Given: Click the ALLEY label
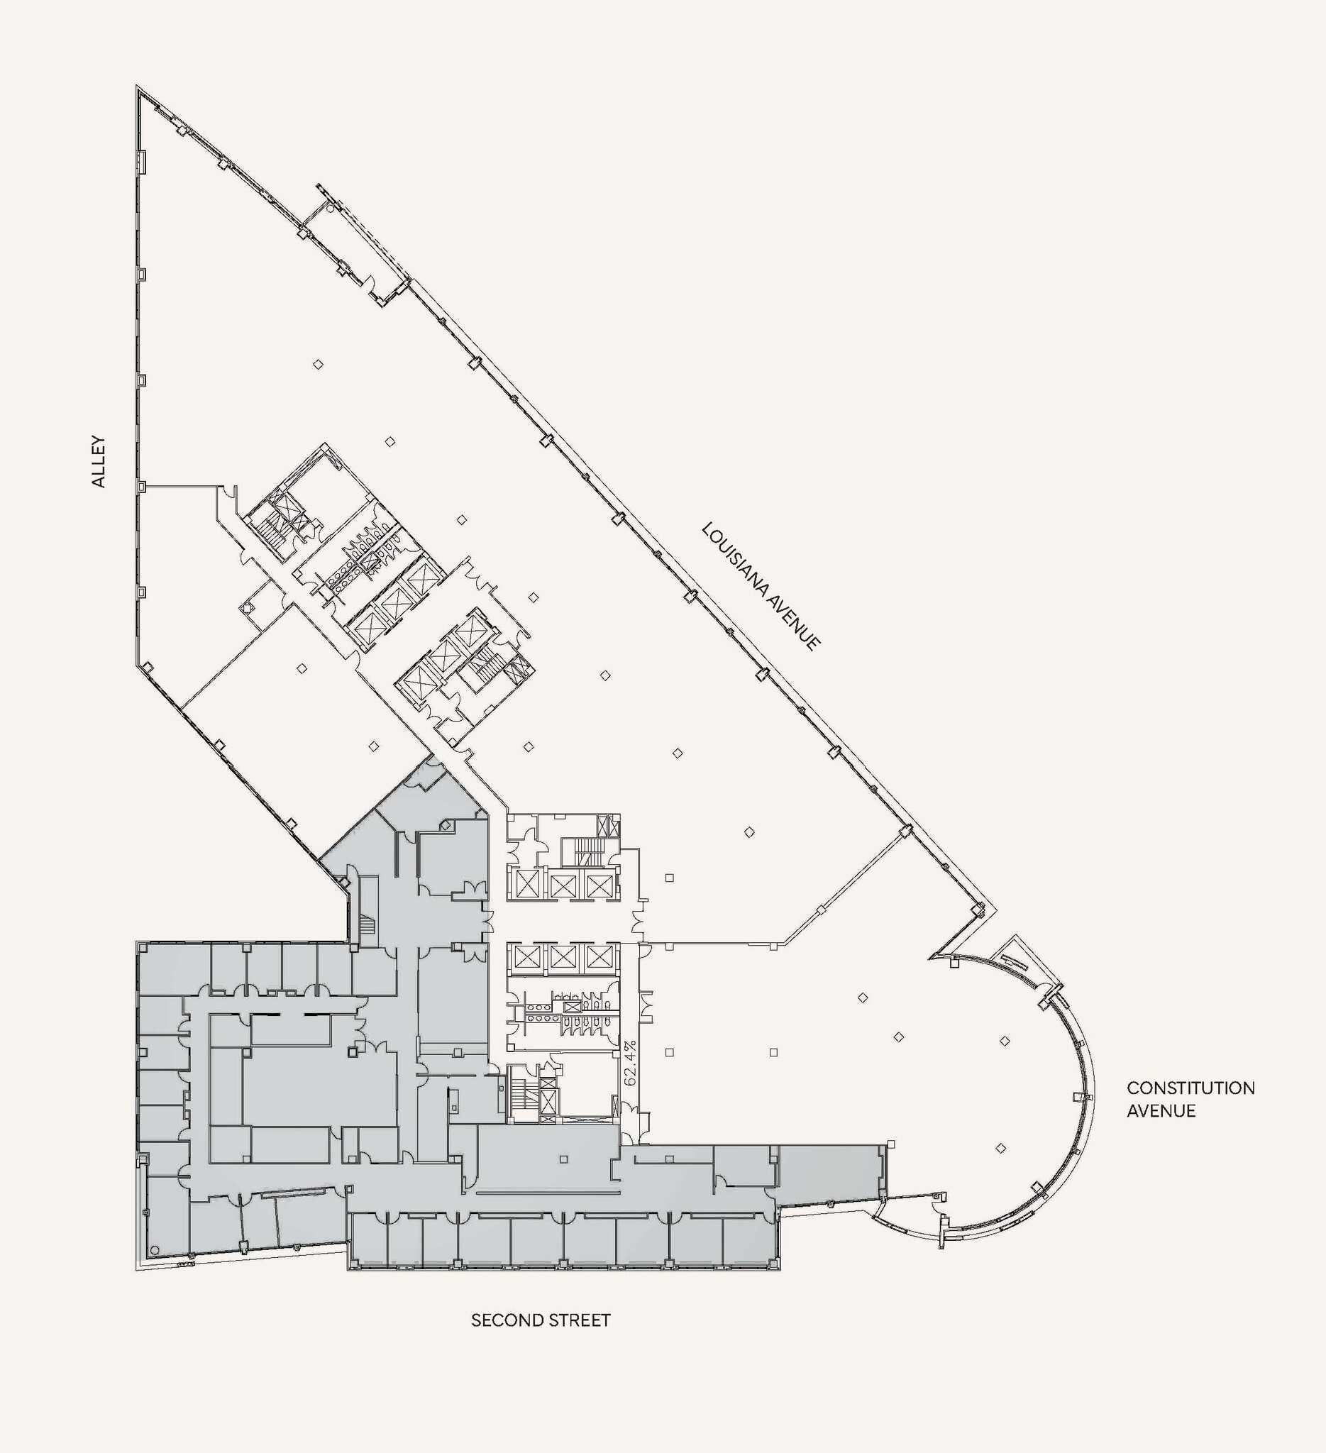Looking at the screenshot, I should tap(99, 461).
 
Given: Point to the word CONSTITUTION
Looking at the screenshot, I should tap(1190, 1088).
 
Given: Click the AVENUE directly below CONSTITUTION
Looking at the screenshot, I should tap(1161, 1110).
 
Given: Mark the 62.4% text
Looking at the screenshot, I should tap(631, 1062).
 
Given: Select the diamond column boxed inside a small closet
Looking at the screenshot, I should tap(248, 606).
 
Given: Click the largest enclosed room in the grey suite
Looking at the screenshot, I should tap(321, 1085).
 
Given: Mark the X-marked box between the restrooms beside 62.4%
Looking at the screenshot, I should tap(570, 1007).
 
